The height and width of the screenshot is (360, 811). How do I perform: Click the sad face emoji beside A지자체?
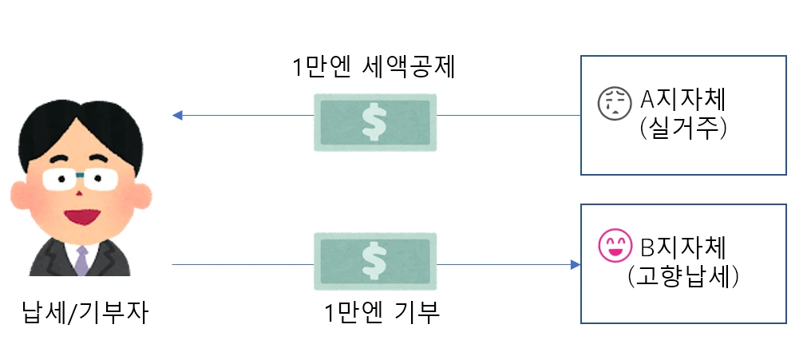pos(612,102)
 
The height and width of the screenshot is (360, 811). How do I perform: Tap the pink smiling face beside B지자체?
pos(612,245)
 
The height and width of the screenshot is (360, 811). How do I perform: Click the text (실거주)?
pos(684,128)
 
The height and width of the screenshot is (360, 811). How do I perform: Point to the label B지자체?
pos(685,243)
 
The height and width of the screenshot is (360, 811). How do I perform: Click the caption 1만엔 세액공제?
pos(374,68)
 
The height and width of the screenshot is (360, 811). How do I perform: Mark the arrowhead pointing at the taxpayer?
pos(178,116)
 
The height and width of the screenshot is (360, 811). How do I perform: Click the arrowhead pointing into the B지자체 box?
pos(575,264)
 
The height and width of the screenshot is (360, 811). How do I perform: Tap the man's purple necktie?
pos(81,260)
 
